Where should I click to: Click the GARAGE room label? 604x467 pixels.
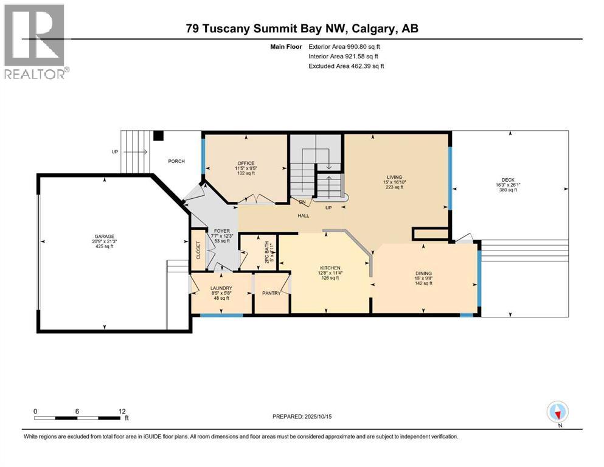click(x=104, y=237)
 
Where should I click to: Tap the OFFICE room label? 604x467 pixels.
click(x=245, y=163)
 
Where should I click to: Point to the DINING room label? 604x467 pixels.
click(x=423, y=273)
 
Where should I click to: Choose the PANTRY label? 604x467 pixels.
click(x=271, y=293)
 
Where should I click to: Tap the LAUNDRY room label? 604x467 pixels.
click(x=221, y=288)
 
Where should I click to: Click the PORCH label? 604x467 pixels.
click(x=176, y=161)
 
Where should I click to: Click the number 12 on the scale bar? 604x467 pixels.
click(x=122, y=411)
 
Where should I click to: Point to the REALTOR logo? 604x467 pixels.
click(x=35, y=41)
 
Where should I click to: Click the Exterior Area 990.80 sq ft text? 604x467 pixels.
click(x=344, y=46)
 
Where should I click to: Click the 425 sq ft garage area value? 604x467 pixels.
click(x=104, y=247)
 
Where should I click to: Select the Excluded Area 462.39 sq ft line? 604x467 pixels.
click(x=345, y=66)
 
